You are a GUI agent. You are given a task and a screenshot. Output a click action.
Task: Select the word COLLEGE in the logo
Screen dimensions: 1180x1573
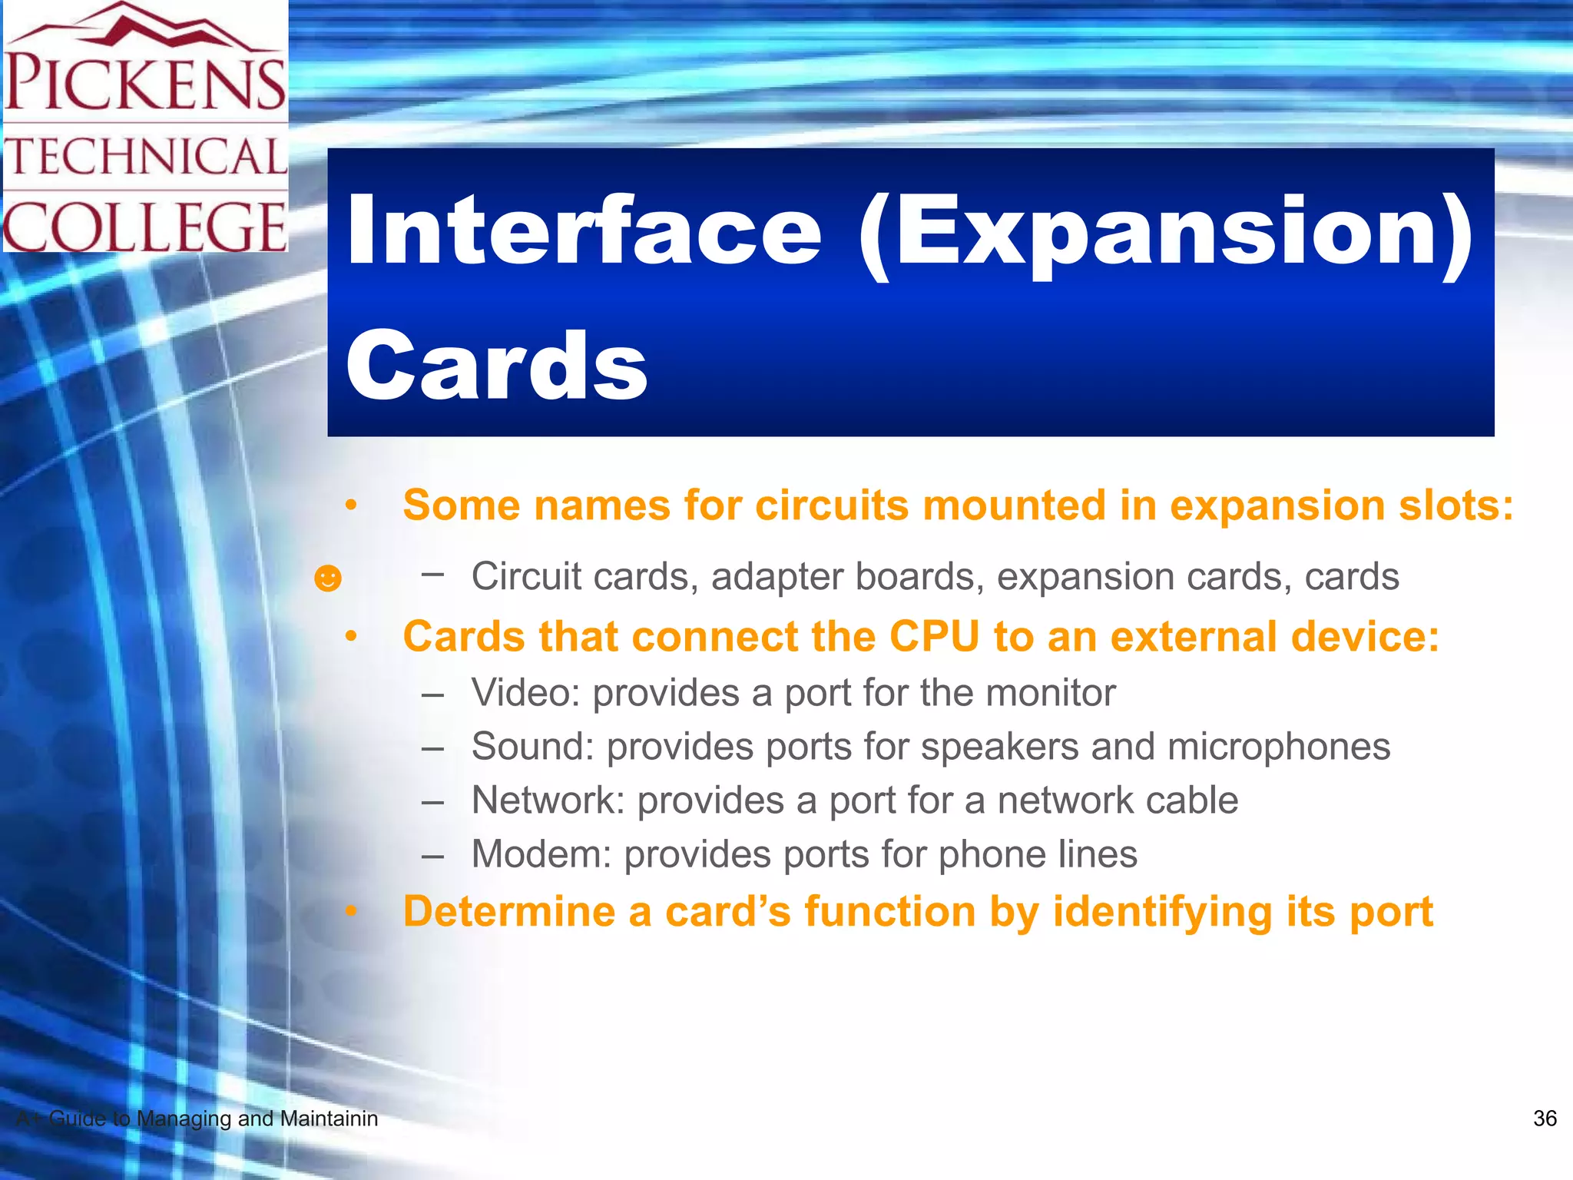(x=144, y=227)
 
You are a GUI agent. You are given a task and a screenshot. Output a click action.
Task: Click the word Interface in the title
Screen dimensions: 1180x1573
(x=584, y=230)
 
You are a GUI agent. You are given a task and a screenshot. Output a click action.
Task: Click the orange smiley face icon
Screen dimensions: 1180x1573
(x=328, y=578)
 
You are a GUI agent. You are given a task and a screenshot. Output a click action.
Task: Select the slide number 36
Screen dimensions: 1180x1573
(x=1545, y=1119)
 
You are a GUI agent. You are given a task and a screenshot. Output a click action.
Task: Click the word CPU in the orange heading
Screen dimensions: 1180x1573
(x=933, y=637)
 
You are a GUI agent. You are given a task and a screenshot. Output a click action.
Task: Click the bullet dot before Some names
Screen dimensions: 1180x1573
(x=351, y=505)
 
